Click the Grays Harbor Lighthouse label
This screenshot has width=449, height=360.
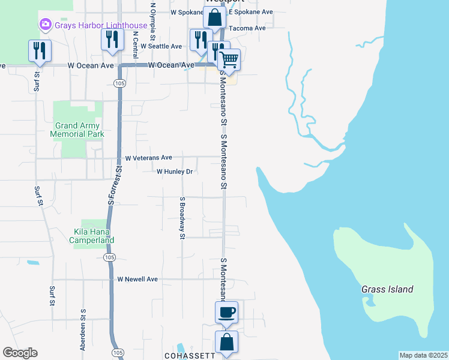[100, 25]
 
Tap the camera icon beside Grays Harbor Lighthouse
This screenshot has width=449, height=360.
[44, 25]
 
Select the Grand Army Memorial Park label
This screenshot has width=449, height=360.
[79, 130]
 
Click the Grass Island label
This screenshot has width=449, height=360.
[387, 289]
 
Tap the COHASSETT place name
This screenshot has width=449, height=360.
[190, 356]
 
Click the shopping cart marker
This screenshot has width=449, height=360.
[229, 60]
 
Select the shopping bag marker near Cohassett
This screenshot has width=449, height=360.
[226, 343]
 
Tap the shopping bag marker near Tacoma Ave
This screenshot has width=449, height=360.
[215, 18]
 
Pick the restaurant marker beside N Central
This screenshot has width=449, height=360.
[112, 40]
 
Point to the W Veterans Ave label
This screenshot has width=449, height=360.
[148, 158]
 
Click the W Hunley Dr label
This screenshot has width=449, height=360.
[174, 172]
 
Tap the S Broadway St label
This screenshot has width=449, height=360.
[181, 218]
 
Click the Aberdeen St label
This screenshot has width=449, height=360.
[83, 330]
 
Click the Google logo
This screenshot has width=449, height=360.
[20, 353]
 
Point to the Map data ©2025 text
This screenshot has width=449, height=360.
[423, 355]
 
